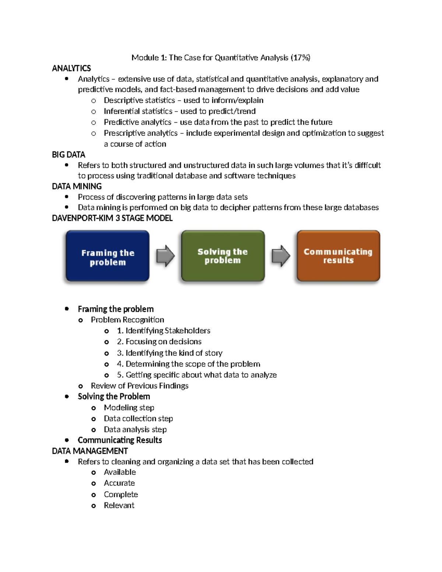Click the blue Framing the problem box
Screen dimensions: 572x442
point(108,256)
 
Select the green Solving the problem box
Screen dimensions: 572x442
point(223,256)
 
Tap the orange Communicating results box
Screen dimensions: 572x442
point(338,256)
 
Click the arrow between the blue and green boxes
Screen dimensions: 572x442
point(165,256)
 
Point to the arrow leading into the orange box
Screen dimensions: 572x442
point(281,256)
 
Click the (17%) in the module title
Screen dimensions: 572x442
point(300,57)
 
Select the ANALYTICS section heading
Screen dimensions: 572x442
point(71,68)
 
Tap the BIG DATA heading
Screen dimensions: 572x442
point(69,154)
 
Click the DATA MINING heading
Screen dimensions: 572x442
point(77,186)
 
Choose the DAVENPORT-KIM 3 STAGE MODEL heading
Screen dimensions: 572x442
point(112,218)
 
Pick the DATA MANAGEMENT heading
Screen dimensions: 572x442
point(90,451)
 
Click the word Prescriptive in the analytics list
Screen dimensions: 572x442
point(122,133)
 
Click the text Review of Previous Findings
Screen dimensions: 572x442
point(140,386)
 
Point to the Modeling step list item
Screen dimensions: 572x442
point(129,407)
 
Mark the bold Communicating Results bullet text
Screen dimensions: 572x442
point(120,440)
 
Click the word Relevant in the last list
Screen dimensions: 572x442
point(119,505)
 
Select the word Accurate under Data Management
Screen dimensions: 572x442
point(119,483)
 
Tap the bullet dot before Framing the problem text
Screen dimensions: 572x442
point(67,309)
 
